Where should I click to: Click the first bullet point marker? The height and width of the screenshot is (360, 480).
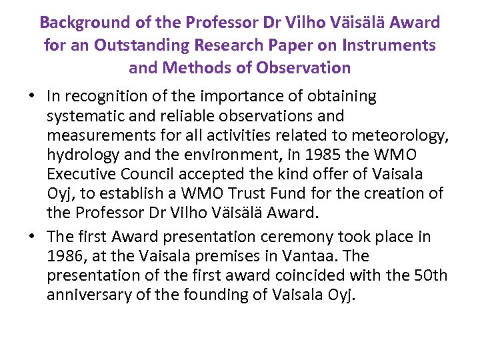tap(33, 97)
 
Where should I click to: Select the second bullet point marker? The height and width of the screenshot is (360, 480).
tap(33, 237)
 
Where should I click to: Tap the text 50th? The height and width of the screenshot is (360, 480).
tap(431, 275)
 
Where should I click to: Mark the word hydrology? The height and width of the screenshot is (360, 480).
tap(80, 156)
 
